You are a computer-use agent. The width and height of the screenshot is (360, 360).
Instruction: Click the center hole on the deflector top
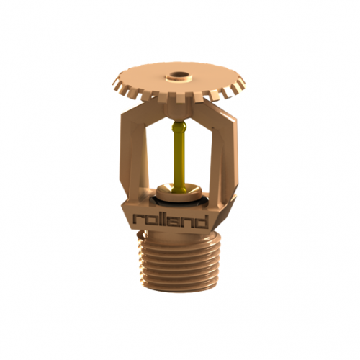[177, 74]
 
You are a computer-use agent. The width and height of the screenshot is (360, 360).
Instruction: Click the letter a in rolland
[178, 220]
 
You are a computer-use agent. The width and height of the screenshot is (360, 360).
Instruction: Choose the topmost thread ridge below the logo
[181, 244]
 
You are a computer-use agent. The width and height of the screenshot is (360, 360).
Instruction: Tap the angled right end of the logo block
[220, 216]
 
